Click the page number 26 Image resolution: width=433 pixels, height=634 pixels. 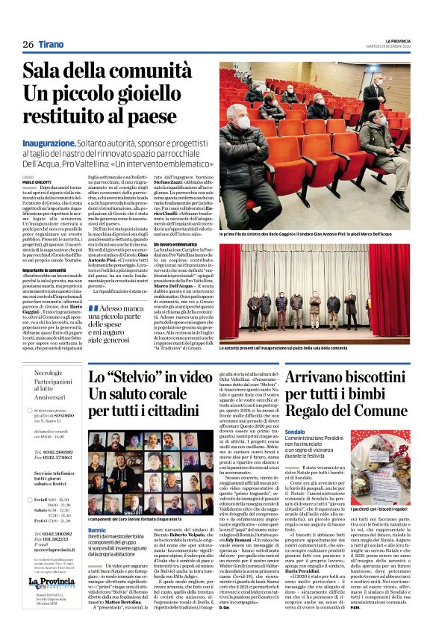tap(28, 45)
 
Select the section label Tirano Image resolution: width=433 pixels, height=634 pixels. tap(52, 45)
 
